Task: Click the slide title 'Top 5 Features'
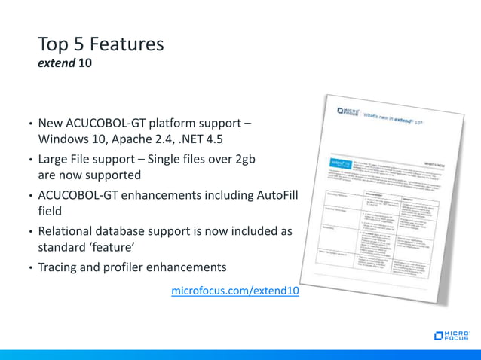(x=100, y=44)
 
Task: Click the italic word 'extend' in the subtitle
(x=56, y=64)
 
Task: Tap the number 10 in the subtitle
(x=85, y=64)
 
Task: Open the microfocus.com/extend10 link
(x=235, y=291)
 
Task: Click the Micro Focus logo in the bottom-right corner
(x=452, y=335)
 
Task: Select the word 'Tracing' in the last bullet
(x=60, y=267)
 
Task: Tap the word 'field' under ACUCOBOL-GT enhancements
(x=50, y=212)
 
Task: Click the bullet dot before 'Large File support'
(x=30, y=160)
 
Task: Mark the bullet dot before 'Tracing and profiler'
(x=30, y=268)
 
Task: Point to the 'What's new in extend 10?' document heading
(x=400, y=120)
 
